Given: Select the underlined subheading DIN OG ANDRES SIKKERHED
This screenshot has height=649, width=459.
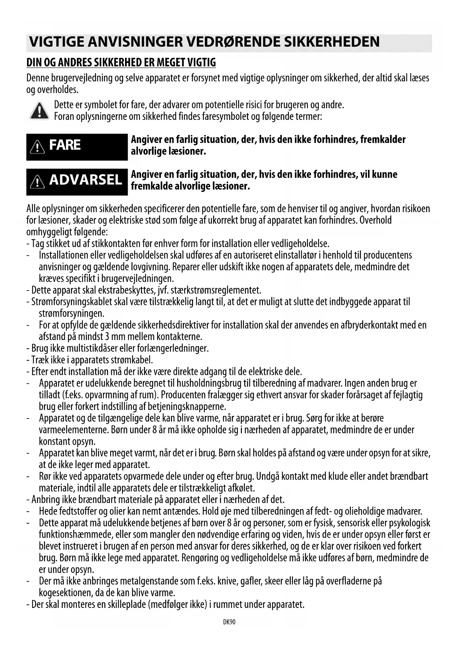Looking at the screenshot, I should tap(121, 63).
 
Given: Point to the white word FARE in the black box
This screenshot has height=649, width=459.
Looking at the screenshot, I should tap(65, 145).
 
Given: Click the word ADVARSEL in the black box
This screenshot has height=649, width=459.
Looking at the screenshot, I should tap(85, 180).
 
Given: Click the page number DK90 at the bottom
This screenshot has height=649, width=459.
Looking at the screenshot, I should tap(229, 622).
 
